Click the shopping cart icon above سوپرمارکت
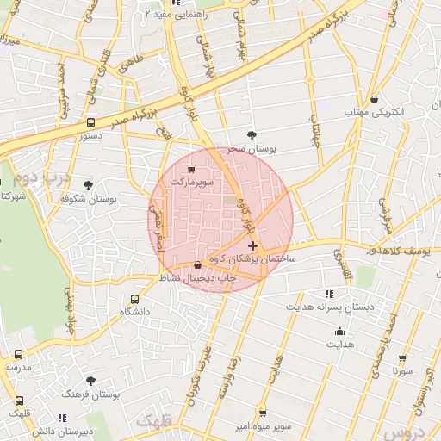[190, 169]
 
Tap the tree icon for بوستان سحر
[252, 135]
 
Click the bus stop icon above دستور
[91, 122]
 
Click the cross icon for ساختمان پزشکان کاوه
[252, 246]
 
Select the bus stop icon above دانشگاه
[134, 298]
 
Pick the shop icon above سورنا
[401, 358]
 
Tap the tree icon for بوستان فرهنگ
[90, 380]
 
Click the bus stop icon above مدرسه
[19, 354]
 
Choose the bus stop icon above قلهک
[19, 401]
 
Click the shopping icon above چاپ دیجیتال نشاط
[198, 265]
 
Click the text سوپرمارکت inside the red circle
[190, 183]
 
